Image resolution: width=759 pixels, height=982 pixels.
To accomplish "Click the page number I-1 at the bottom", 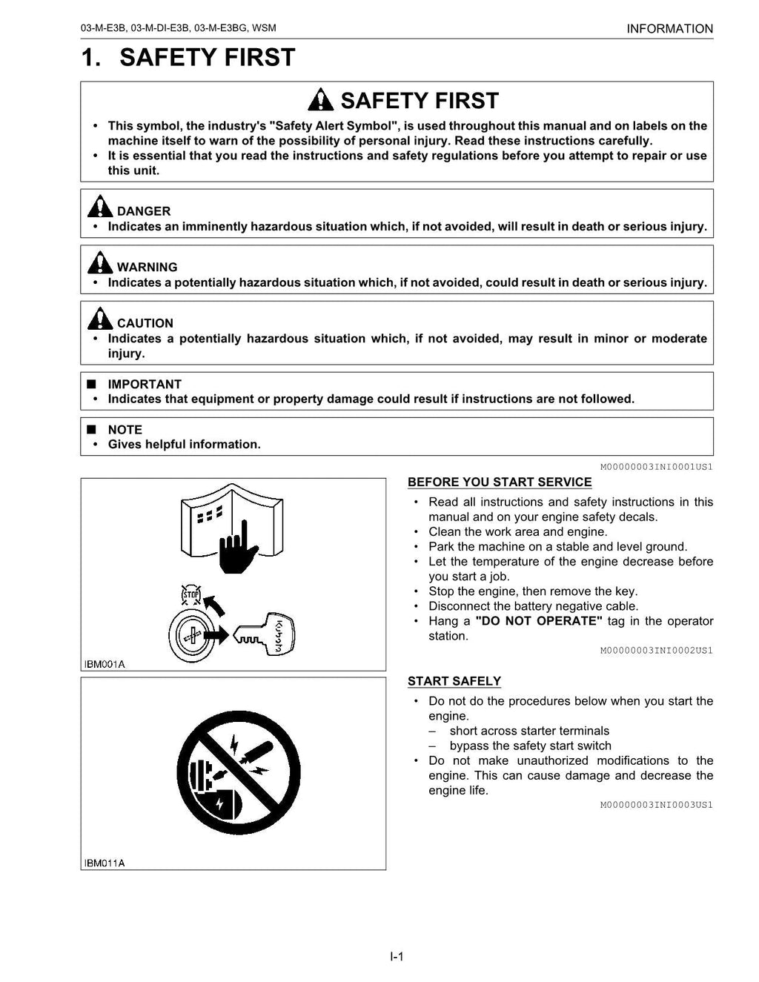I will [397, 957].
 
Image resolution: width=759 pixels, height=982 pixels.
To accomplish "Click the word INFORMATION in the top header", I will [669, 29].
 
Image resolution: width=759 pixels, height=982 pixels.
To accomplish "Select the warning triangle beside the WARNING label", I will [99, 262].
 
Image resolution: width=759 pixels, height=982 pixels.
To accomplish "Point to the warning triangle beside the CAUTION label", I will [99, 319].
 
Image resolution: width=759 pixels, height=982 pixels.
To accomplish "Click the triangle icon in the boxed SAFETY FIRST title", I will [321, 99].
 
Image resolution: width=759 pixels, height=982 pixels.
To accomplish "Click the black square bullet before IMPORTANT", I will [91, 384].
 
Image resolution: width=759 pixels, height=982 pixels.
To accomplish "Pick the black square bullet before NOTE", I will [91, 429].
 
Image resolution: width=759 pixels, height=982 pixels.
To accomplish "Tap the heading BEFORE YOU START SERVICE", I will [499, 482].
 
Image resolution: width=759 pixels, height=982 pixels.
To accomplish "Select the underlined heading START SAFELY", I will [454, 681].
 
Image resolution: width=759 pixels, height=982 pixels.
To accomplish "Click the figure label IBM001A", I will [105, 664].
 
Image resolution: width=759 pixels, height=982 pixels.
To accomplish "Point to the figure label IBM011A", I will [105, 863].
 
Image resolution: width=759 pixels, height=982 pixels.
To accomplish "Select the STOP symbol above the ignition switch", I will [192, 595].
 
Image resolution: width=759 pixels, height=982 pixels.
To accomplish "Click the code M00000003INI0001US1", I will [656, 467].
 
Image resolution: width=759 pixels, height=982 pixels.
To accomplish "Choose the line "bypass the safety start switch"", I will [530, 746].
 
